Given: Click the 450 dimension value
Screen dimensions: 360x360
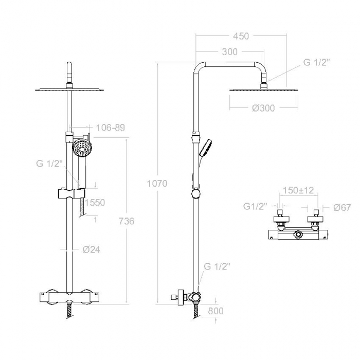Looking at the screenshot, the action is [241, 36].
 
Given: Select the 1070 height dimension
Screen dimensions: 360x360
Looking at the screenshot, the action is [157, 184].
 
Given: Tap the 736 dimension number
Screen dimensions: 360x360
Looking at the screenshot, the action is [127, 221].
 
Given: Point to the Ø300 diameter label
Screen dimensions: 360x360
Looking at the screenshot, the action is [263, 108].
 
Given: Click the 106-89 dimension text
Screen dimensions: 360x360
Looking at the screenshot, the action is [110, 128].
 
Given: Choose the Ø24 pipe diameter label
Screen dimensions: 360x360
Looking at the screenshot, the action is [92, 249].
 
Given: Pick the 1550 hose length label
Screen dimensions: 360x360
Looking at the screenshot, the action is [95, 203].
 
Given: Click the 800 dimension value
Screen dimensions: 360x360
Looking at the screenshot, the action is [215, 311].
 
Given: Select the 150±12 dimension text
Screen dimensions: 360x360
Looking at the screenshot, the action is [298, 190].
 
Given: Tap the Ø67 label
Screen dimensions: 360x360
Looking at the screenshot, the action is [342, 208].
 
